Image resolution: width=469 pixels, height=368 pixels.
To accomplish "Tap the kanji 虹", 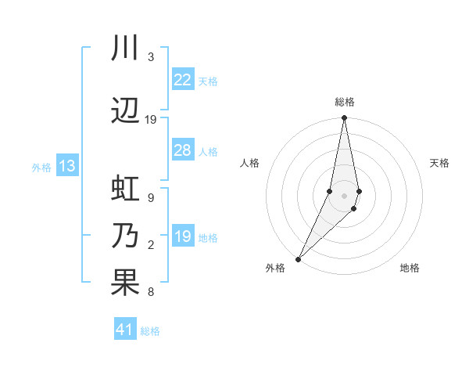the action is pos(124,190).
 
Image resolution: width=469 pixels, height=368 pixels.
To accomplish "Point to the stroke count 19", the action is pos(151,119).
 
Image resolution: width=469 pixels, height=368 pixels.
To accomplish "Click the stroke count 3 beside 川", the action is pos(151,57).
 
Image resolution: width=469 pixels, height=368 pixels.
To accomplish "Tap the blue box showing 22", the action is pos(182,80).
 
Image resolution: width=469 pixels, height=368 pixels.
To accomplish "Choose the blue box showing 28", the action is pos(182,150).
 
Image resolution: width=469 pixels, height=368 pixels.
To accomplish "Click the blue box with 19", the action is pos(182,236).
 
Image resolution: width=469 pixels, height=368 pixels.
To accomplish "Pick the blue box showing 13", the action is pos(66,166).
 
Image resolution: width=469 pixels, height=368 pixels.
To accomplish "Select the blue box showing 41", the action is pos(125,330).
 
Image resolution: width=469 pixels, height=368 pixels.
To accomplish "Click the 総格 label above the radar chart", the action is pos(344,102).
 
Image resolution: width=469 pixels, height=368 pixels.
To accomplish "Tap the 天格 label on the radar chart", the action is pos(439,163).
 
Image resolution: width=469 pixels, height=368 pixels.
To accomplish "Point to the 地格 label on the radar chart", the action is pos(410,268).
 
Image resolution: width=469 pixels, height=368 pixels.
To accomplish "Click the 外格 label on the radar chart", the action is pos(275,268).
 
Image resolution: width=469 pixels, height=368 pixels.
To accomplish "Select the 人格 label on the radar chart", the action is pos(249,163).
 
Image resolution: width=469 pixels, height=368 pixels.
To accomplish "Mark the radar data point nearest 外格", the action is pos(298,258).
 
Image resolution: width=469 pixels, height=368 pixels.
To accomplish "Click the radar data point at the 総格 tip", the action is pos(344,118).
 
